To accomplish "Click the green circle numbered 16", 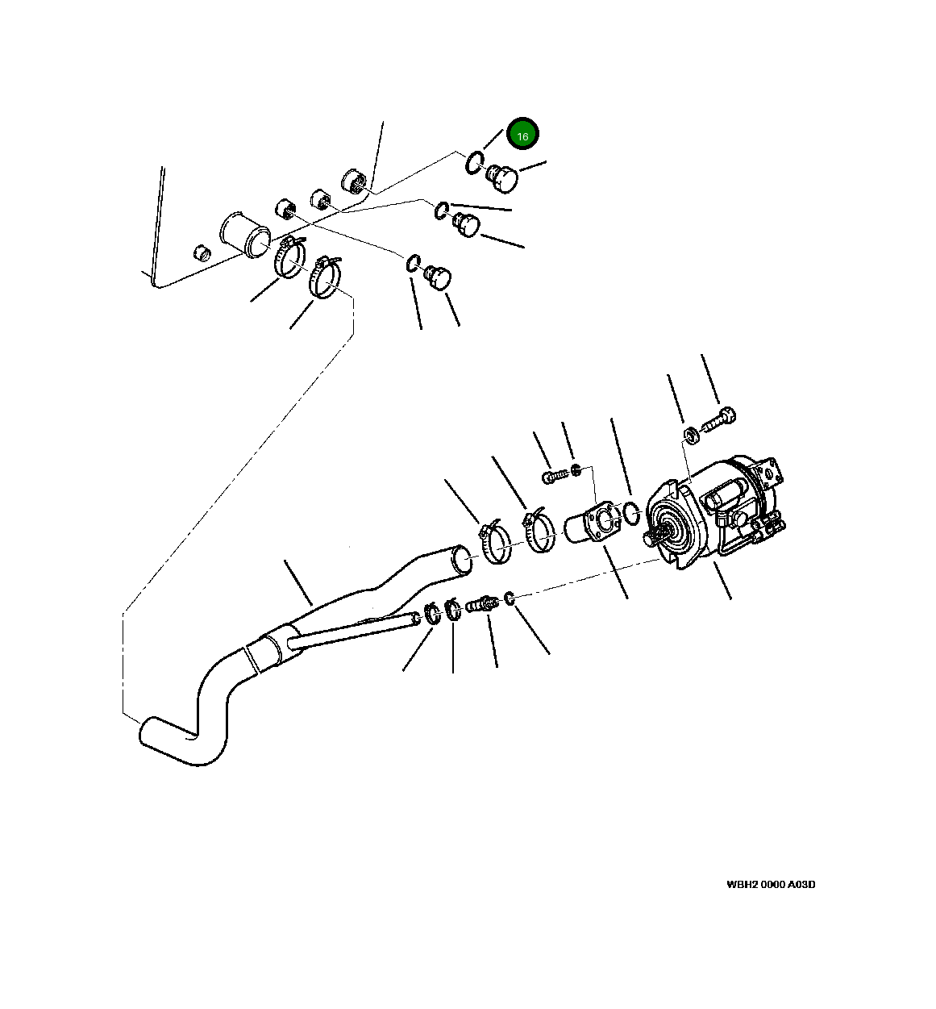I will pos(522,136).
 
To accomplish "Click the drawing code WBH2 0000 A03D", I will pos(770,884).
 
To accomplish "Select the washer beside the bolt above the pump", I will pos(690,436).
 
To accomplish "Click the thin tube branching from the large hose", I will pos(355,629).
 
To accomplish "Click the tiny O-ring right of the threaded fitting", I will pos(510,598).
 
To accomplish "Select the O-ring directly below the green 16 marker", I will pos(474,162).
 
